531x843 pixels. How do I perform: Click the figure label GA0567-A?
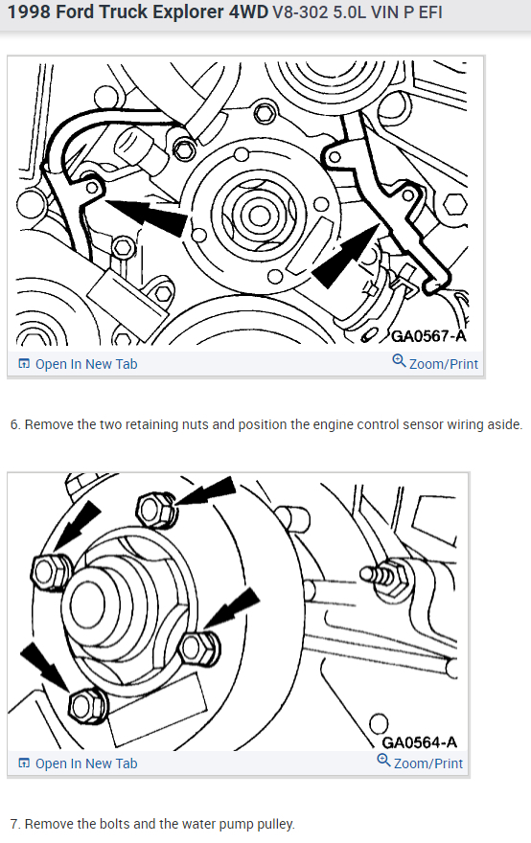point(427,336)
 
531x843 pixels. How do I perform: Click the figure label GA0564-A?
point(419,742)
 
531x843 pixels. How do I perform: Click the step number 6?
point(14,424)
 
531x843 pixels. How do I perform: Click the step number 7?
point(14,824)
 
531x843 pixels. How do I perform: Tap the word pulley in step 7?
point(277,824)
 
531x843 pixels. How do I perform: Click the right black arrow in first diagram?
point(344,258)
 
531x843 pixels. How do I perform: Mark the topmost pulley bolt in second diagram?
point(156,509)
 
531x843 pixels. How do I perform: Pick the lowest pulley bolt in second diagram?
point(87,705)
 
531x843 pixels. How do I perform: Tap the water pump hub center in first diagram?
point(260,215)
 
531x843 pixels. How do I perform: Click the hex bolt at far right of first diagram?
point(455,206)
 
